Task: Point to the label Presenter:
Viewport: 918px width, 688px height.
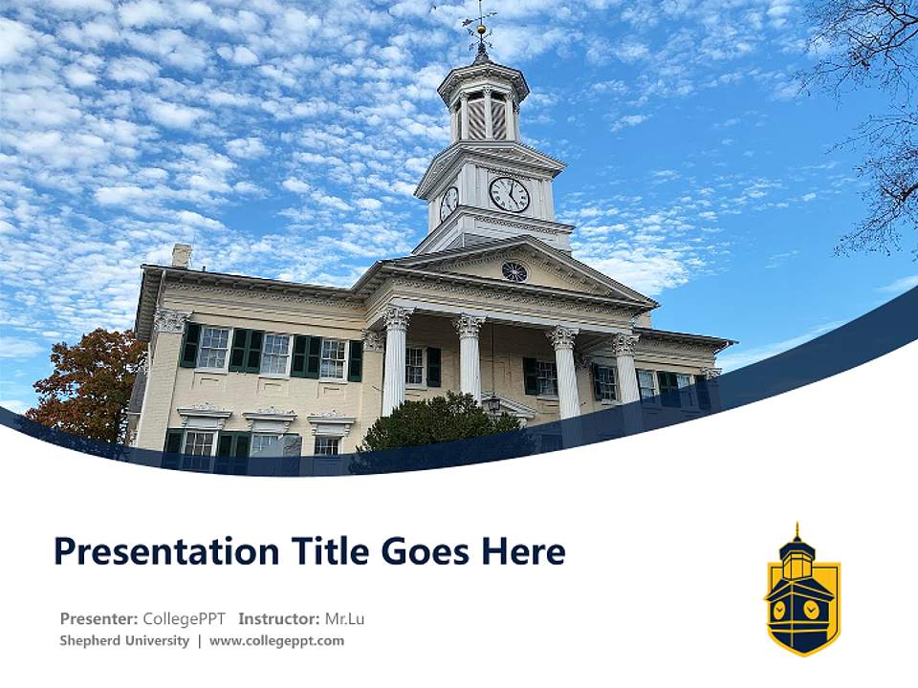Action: [x=98, y=618]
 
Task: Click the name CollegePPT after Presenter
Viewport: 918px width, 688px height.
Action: [x=184, y=618]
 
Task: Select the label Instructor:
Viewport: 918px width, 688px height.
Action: [x=279, y=618]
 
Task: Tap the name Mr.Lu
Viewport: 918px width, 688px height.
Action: [x=344, y=618]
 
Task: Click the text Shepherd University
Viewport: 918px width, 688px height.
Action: [x=124, y=640]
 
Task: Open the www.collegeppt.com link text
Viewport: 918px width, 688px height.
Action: [x=276, y=640]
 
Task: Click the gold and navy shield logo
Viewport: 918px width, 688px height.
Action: [x=802, y=592]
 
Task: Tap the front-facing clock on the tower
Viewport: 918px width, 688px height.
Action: [x=509, y=194]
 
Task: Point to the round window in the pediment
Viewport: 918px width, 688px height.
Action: [x=514, y=271]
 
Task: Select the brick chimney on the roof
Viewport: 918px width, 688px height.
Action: [x=181, y=255]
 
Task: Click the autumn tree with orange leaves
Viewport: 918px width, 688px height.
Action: [x=88, y=382]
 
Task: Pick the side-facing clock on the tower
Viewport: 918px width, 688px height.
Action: [x=448, y=202]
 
